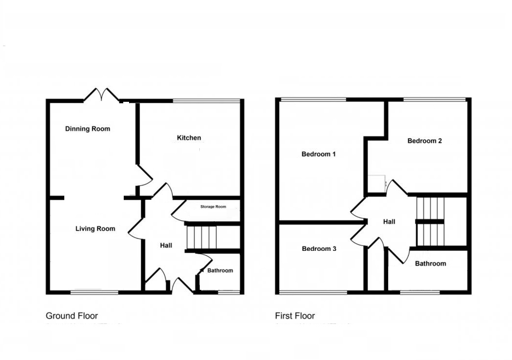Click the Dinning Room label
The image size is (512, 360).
coord(88,129)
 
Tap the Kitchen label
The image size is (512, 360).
coord(189,138)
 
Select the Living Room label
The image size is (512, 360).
coord(95,228)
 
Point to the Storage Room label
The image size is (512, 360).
coord(213,207)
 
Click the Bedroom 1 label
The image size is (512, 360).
coord(319,154)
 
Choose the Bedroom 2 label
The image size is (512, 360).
coord(424,141)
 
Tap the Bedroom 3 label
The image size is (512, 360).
coord(319,248)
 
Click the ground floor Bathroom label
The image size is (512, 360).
coord(220,270)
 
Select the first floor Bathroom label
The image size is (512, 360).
coord(430,264)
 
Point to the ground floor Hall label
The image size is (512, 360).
coord(166,246)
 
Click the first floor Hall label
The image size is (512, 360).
coord(389,222)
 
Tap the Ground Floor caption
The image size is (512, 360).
coord(72,316)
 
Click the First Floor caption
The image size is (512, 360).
coord(295,316)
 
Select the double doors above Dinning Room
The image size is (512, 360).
coord(102,95)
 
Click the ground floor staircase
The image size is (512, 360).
coord(202,237)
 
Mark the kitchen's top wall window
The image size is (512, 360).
coord(207,101)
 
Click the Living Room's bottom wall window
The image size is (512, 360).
coord(95,292)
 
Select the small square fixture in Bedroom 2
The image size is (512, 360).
coord(376,183)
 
